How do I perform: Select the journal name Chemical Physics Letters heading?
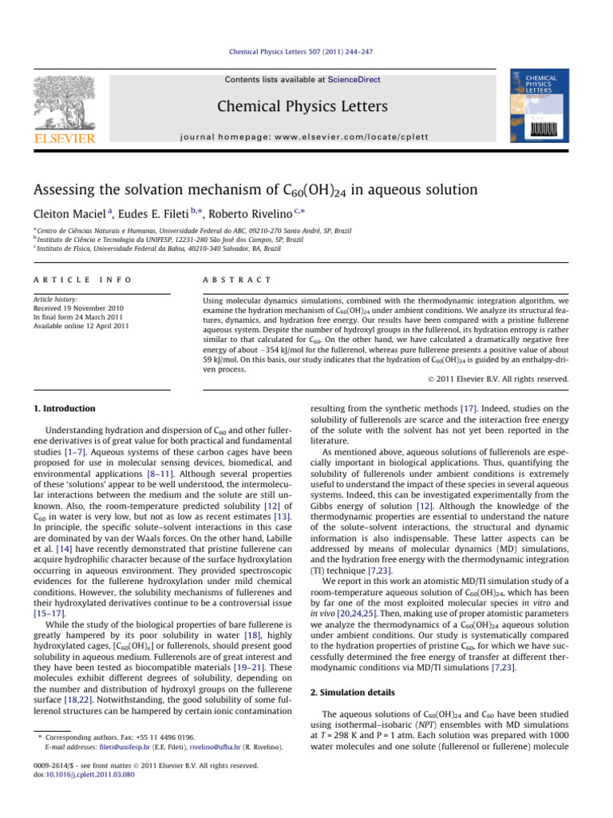coord(306,106)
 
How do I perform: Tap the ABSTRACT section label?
coord(229,280)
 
